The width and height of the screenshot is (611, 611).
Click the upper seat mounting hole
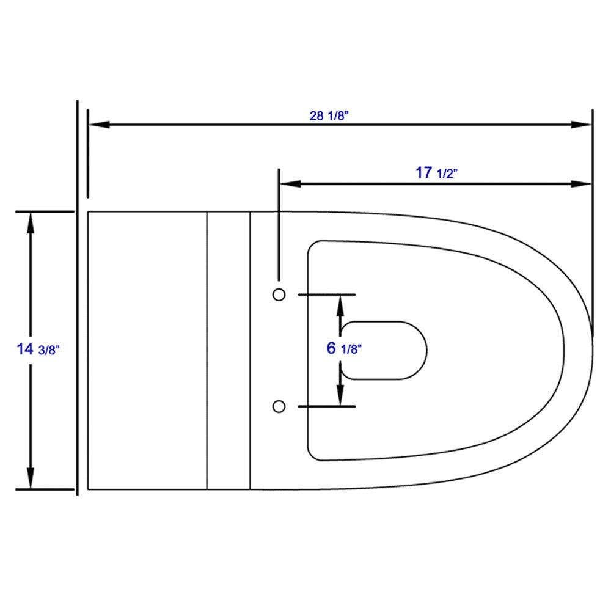coord(279,295)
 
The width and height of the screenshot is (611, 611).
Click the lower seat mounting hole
coord(279,406)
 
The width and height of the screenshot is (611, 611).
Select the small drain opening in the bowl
coord(384,350)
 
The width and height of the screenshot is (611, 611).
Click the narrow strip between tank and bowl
coord(229,350)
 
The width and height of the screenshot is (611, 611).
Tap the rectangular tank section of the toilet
coord(147,350)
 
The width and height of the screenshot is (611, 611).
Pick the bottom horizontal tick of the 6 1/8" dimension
coord(326,406)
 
